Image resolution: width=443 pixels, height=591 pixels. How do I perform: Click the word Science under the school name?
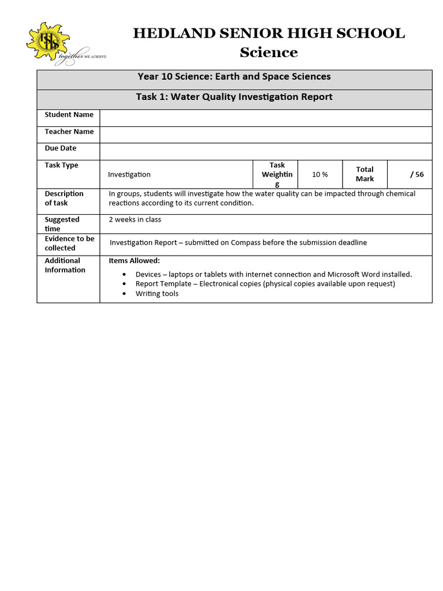click(x=269, y=53)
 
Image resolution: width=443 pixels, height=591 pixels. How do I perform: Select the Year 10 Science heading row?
click(x=234, y=77)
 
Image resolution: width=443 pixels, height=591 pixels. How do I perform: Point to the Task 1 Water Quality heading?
click(x=234, y=97)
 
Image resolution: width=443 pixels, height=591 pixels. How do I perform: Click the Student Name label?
click(x=69, y=115)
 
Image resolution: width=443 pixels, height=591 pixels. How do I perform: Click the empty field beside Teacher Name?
click(x=265, y=134)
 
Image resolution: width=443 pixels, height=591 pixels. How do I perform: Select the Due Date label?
click(x=61, y=148)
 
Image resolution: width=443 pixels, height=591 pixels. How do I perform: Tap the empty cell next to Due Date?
click(x=265, y=151)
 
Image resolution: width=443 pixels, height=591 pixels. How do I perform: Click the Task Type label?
click(x=61, y=165)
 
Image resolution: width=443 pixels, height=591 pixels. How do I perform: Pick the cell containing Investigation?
click(x=129, y=174)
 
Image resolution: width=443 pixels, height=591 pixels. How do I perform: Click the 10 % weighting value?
click(x=320, y=174)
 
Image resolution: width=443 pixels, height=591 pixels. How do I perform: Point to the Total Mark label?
click(x=365, y=174)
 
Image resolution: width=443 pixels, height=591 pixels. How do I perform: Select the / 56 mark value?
click(x=416, y=174)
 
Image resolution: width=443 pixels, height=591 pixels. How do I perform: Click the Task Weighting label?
click(x=277, y=174)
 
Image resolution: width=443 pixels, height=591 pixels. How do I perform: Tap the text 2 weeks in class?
click(x=135, y=219)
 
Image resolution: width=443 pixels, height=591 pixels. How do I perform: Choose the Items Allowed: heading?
click(x=134, y=261)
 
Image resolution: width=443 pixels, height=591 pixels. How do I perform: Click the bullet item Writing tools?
click(x=157, y=294)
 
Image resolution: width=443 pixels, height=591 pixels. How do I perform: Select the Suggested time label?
click(x=62, y=224)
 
